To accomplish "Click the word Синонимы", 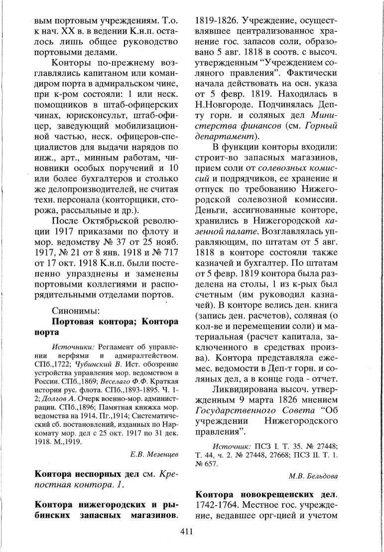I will click(76, 311).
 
